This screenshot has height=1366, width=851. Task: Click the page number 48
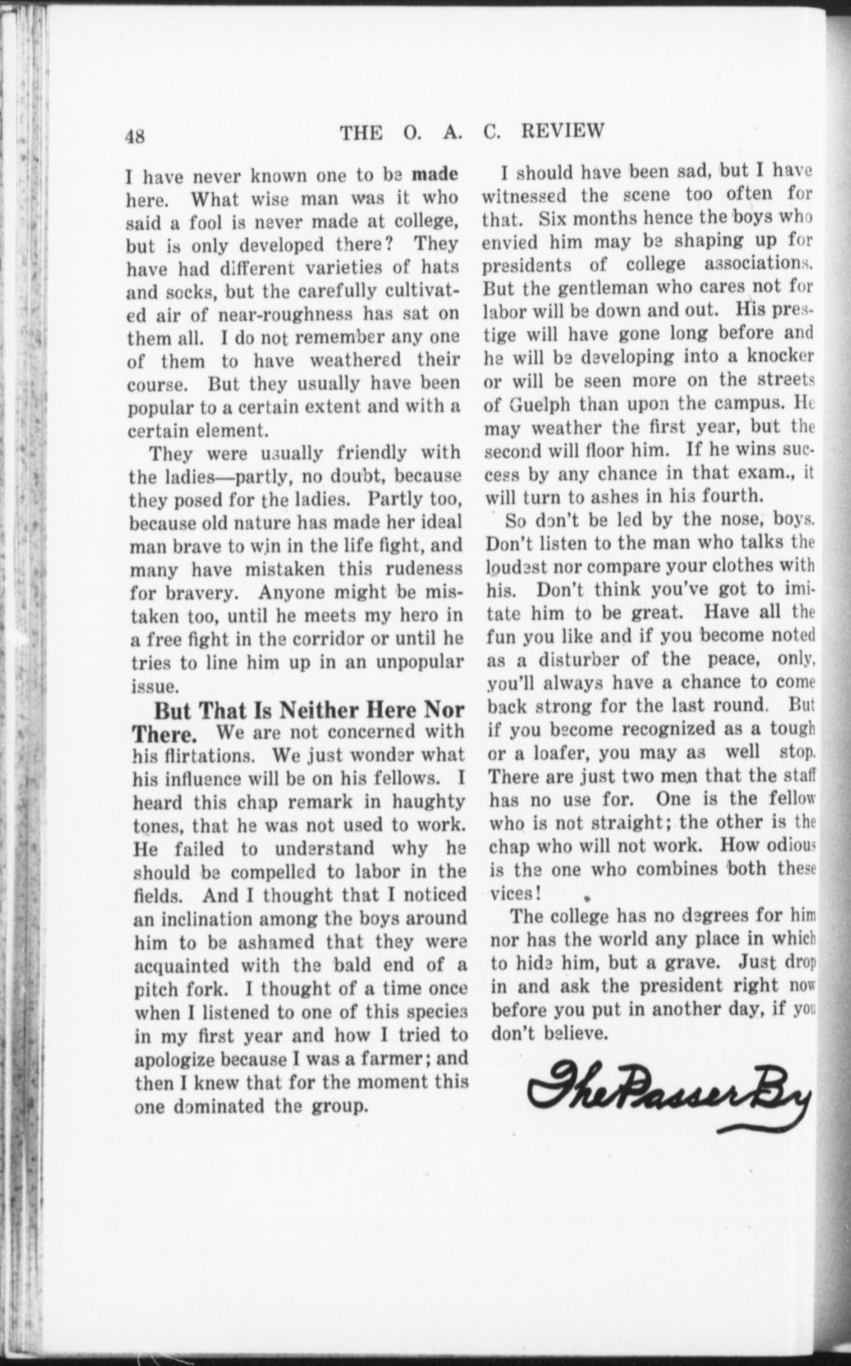(136, 137)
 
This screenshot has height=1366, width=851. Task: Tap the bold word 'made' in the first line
(435, 174)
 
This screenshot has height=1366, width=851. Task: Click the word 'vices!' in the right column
(515, 893)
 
